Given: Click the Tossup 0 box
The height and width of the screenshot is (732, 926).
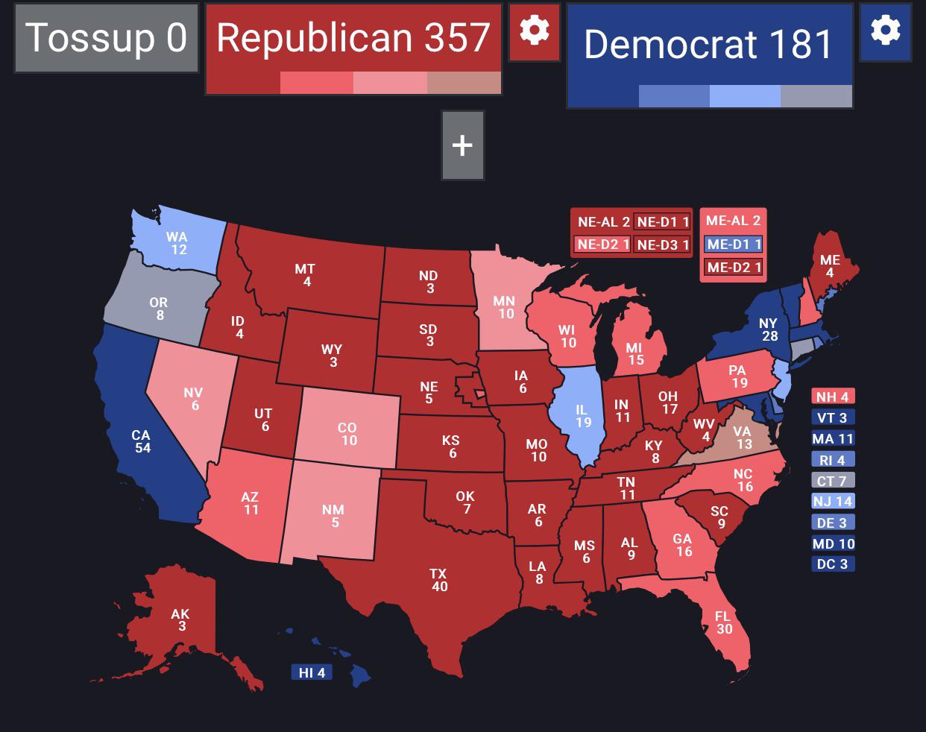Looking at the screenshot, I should pyautogui.click(x=106, y=38).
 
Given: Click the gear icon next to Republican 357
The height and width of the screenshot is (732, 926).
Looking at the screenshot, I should pyautogui.click(x=534, y=31).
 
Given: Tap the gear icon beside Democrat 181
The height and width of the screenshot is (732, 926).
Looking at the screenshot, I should pyautogui.click(x=885, y=31).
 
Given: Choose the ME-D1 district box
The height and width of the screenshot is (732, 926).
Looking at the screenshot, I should pyautogui.click(x=734, y=244).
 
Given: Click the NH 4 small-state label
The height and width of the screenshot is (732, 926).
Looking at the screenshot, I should pyautogui.click(x=832, y=397).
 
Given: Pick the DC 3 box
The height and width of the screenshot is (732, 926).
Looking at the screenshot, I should pyautogui.click(x=832, y=564).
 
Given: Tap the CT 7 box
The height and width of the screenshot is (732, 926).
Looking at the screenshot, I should pyautogui.click(x=832, y=480).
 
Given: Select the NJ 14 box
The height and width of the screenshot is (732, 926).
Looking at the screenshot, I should pyautogui.click(x=832, y=501).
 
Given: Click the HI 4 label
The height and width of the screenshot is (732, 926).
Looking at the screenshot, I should pyautogui.click(x=312, y=672).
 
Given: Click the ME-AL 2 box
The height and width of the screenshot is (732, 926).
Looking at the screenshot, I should pyautogui.click(x=734, y=221).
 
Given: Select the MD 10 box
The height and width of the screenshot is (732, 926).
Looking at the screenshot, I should pyautogui.click(x=832, y=543).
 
